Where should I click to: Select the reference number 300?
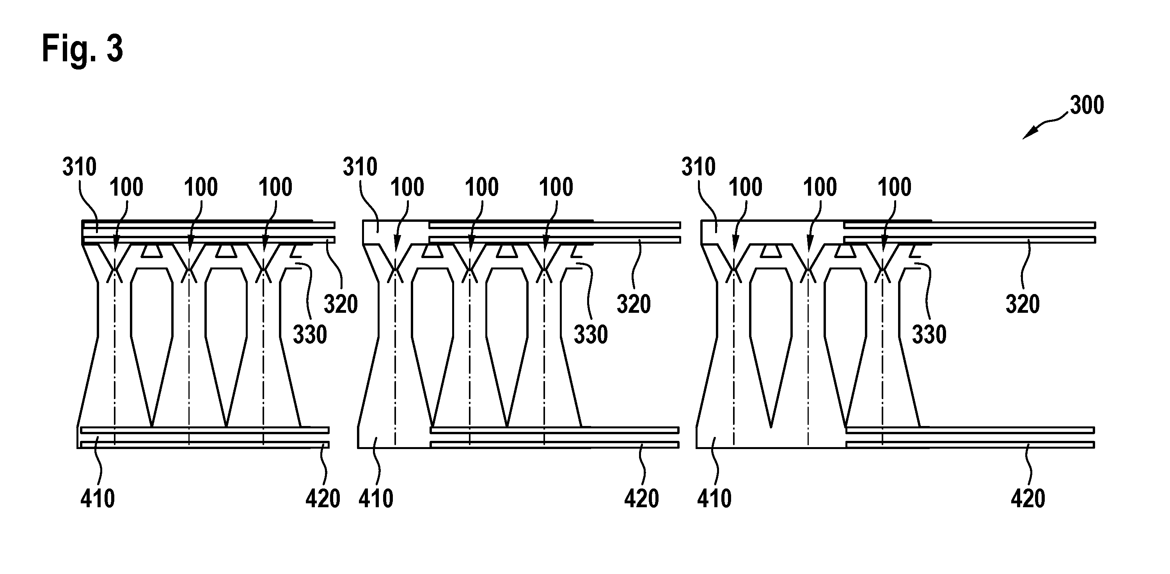click(x=1087, y=105)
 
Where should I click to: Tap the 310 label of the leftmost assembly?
click(x=80, y=167)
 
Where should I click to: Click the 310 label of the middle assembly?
click(x=360, y=167)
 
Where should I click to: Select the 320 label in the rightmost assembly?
click(x=1023, y=304)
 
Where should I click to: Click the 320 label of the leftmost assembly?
click(x=341, y=304)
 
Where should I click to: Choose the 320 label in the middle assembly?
click(x=634, y=304)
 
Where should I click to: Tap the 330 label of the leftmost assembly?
click(x=310, y=335)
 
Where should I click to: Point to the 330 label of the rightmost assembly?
click(x=929, y=335)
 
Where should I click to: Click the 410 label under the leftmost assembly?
click(x=98, y=499)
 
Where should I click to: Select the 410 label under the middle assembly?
click(x=376, y=499)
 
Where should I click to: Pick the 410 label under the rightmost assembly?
click(x=714, y=499)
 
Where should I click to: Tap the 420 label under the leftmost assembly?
click(x=323, y=499)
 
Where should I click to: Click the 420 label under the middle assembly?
click(x=641, y=499)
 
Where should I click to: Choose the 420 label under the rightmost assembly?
click(x=1028, y=499)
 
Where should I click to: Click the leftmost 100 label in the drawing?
click(x=126, y=187)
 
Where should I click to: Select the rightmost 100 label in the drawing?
click(x=895, y=187)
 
